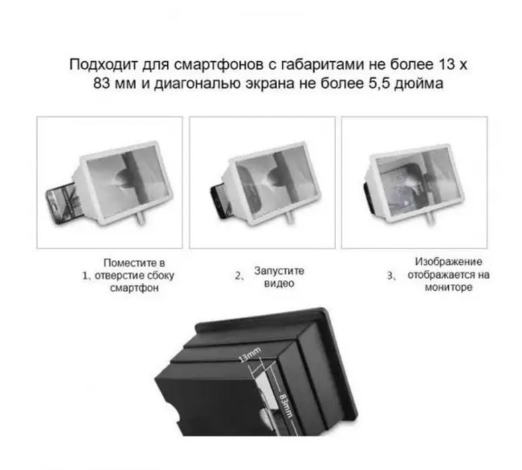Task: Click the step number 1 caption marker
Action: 85,275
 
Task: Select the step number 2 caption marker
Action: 238,275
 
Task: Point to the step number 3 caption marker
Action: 390,275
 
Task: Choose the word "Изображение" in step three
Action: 448,262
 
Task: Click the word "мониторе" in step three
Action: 448,287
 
